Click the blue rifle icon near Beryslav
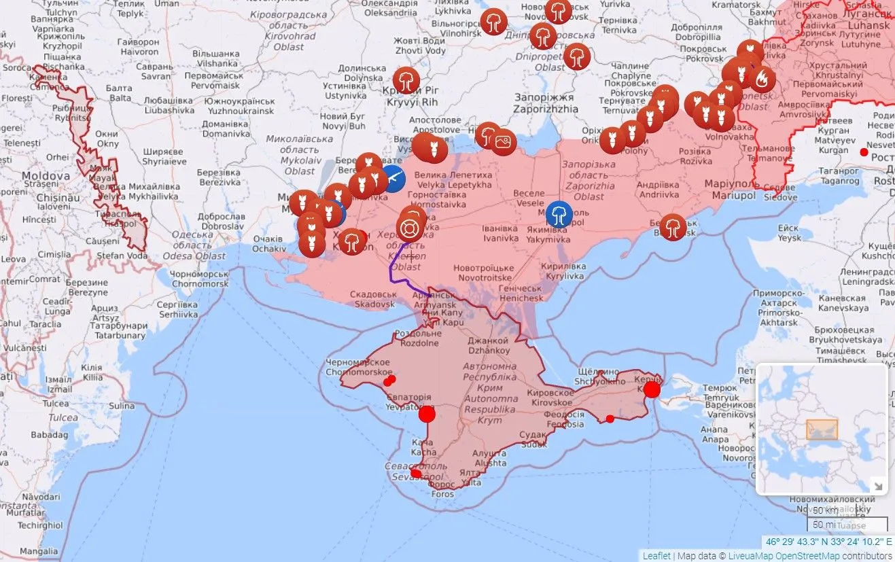click(x=393, y=178)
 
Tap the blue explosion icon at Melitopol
click(x=559, y=213)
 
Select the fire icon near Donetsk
click(x=762, y=80)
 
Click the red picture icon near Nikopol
click(x=504, y=142)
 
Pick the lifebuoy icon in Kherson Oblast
click(x=410, y=227)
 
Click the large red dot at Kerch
click(x=652, y=389)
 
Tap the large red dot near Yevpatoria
click(x=427, y=414)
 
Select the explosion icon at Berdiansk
click(x=673, y=227)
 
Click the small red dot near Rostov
click(x=864, y=152)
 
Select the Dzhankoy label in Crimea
click(x=487, y=345)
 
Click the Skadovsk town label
click(x=374, y=299)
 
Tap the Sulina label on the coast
click(x=122, y=406)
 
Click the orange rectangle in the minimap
click(x=822, y=429)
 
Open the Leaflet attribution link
click(x=656, y=556)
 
